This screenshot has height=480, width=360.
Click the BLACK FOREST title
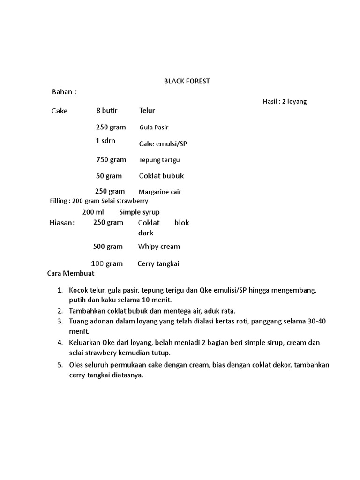coord(187,81)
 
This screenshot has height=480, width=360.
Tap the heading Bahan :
coord(64,92)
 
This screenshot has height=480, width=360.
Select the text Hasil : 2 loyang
coord(285,101)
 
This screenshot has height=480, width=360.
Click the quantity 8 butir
coord(107,111)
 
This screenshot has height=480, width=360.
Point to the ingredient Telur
coord(147,111)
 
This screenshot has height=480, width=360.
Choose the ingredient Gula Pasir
coord(154,127)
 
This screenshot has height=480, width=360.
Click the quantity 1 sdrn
coord(105,141)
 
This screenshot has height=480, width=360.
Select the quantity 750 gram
coord(111,160)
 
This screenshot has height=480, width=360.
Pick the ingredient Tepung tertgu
coord(159,160)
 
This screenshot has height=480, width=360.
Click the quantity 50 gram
coord(109,176)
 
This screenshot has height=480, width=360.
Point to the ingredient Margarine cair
coord(159,192)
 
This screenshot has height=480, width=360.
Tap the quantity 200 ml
coord(93,212)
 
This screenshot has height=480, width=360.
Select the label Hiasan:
coord(62,223)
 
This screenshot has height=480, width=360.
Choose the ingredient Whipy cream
coord(159,247)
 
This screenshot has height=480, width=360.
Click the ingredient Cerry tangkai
coord(158,264)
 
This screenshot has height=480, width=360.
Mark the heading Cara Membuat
coord(71,273)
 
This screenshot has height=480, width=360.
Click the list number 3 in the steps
coord(60,322)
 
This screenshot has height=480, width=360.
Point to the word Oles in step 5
coord(76,365)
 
